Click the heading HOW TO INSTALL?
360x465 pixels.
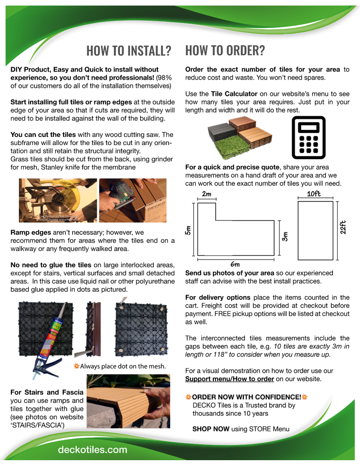(x=129, y=51)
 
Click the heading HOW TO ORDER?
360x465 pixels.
(x=225, y=50)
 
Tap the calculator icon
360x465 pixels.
(x=308, y=137)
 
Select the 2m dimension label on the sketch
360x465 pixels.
(x=207, y=194)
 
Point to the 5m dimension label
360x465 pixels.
(x=188, y=230)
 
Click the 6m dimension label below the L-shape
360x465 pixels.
(x=235, y=264)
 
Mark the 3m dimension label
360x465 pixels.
(x=285, y=236)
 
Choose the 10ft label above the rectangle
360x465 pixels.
(x=314, y=194)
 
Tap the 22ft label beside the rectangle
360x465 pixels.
(x=343, y=227)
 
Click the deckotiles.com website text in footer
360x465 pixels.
(x=92, y=450)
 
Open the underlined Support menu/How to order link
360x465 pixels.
(x=229, y=379)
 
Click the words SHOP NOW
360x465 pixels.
(x=211, y=429)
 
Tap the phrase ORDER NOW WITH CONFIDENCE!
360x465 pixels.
(x=247, y=397)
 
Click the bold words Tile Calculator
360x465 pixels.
(x=234, y=94)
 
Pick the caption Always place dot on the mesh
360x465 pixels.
(x=123, y=366)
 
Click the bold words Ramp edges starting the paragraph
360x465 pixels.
(x=31, y=232)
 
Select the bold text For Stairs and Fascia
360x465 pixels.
(x=47, y=392)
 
